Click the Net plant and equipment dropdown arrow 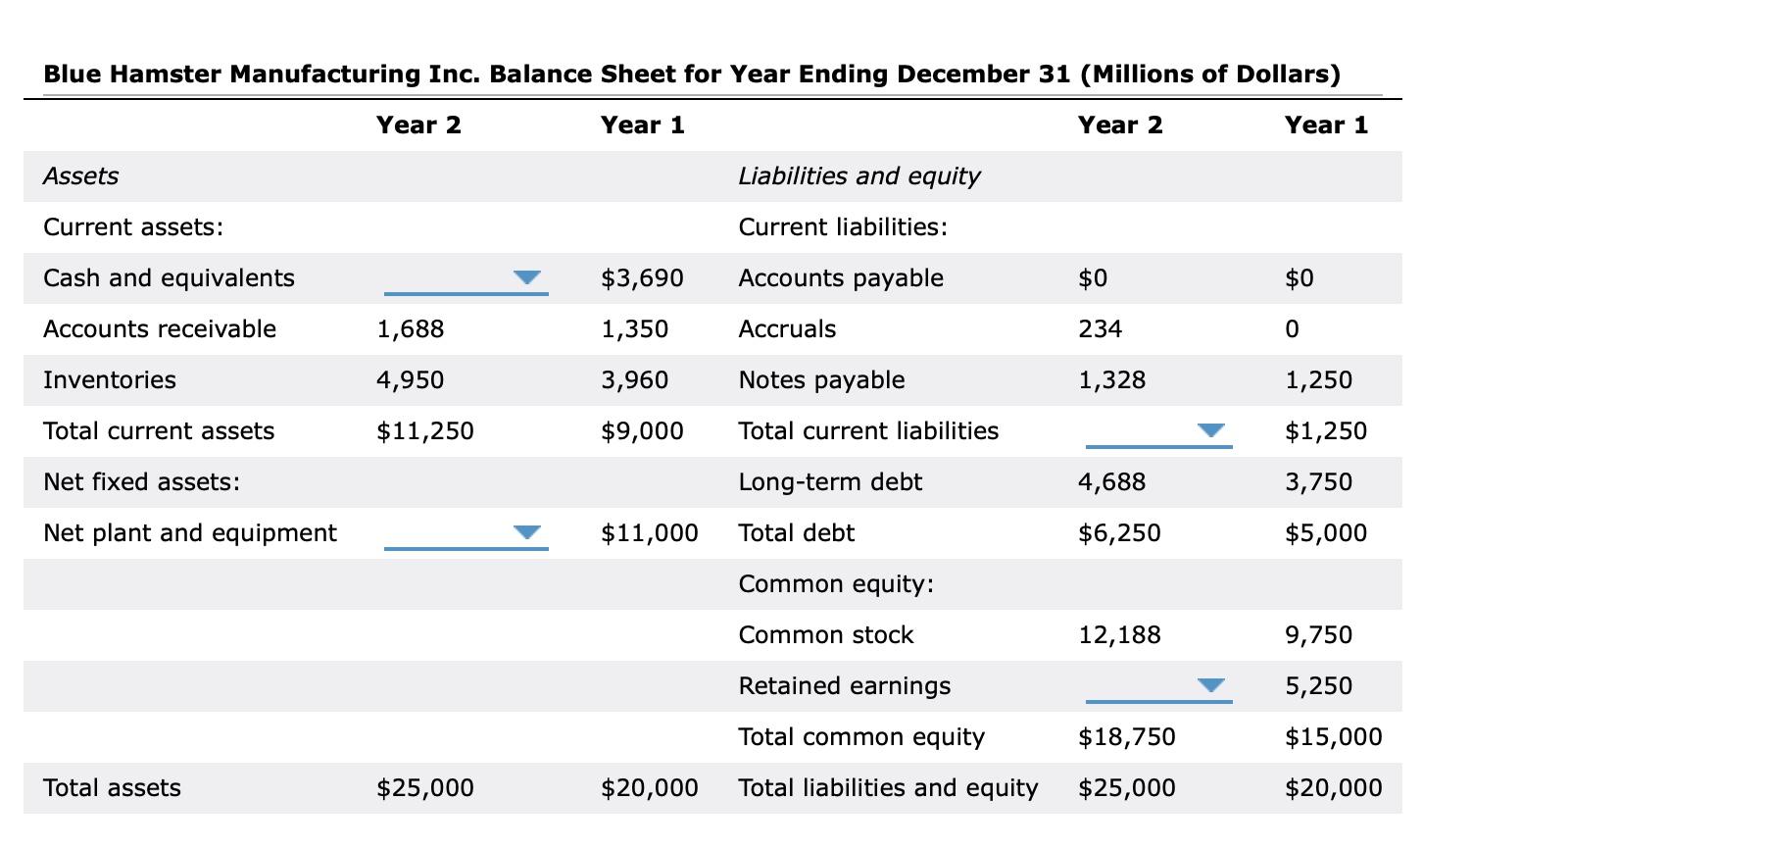click(x=527, y=532)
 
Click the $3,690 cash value click(x=642, y=278)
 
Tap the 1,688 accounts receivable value click(x=411, y=329)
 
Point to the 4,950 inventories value click(x=411, y=380)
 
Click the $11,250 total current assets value click(x=425, y=431)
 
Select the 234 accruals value click(x=1101, y=329)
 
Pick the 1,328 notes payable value click(x=1112, y=380)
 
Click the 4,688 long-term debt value click(x=1112, y=482)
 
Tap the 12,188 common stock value click(x=1120, y=635)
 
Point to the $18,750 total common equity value click(x=1127, y=737)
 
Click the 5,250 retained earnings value click(x=1319, y=686)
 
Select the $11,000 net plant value click(x=650, y=533)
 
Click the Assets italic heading click(x=81, y=176)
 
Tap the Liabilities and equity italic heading click(x=859, y=176)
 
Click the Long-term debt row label click(x=830, y=482)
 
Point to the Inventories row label click(x=110, y=380)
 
